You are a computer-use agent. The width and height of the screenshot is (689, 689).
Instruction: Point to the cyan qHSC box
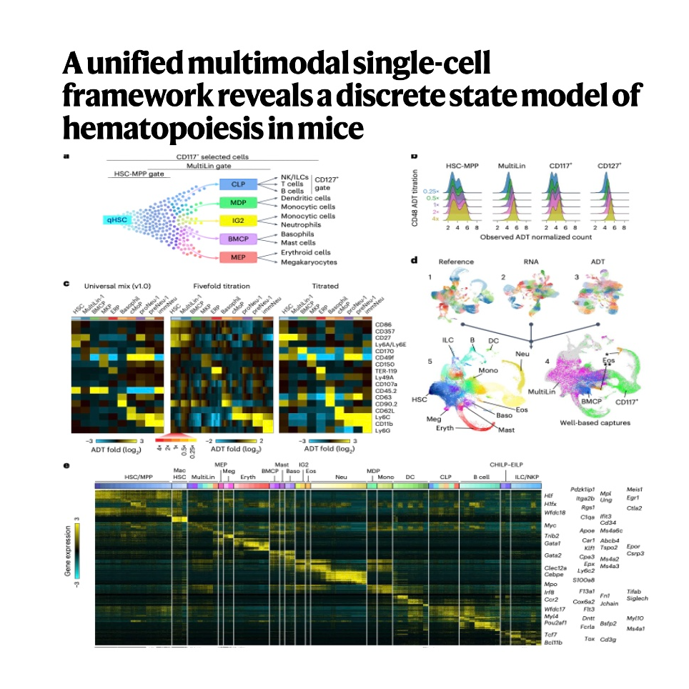pyautogui.click(x=118, y=221)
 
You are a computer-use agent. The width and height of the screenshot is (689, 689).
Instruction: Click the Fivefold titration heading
pyautogui.click(x=222, y=286)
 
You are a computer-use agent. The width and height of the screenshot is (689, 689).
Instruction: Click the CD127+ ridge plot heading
pyautogui.click(x=610, y=166)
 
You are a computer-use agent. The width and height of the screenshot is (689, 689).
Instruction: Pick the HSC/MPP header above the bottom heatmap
pyautogui.click(x=139, y=476)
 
